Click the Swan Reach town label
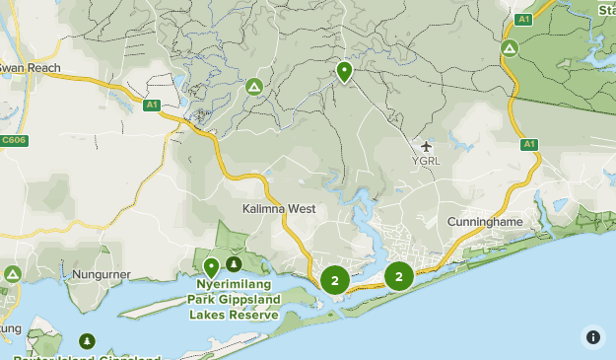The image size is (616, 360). tap(31, 68)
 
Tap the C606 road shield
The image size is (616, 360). tap(14, 140)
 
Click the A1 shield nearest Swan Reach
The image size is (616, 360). tap(151, 105)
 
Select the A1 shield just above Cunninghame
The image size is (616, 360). tap(529, 145)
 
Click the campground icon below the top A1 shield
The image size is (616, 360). tap(510, 47)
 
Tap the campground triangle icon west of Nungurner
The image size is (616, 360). tap(13, 273)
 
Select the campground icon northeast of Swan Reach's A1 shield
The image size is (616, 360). tap(253, 87)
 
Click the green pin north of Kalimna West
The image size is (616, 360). tap(345, 71)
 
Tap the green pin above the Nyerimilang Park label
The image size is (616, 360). tap(211, 266)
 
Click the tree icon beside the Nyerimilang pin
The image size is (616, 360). tap(234, 263)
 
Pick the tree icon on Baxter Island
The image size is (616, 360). tap(88, 340)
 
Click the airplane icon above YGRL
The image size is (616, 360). tap(426, 146)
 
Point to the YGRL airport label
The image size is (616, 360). tap(426, 160)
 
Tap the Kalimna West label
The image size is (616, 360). tap(279, 209)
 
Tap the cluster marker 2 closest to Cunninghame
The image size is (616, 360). tap(399, 276)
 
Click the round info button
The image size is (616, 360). tap(592, 336)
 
